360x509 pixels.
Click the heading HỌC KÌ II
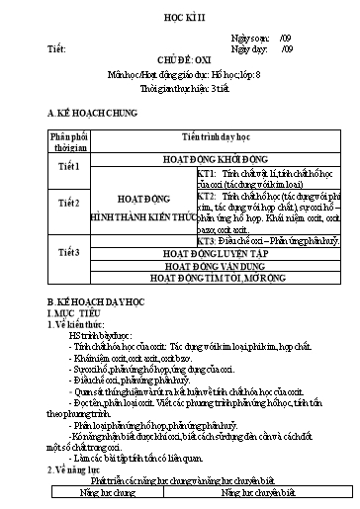pos(179,20)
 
